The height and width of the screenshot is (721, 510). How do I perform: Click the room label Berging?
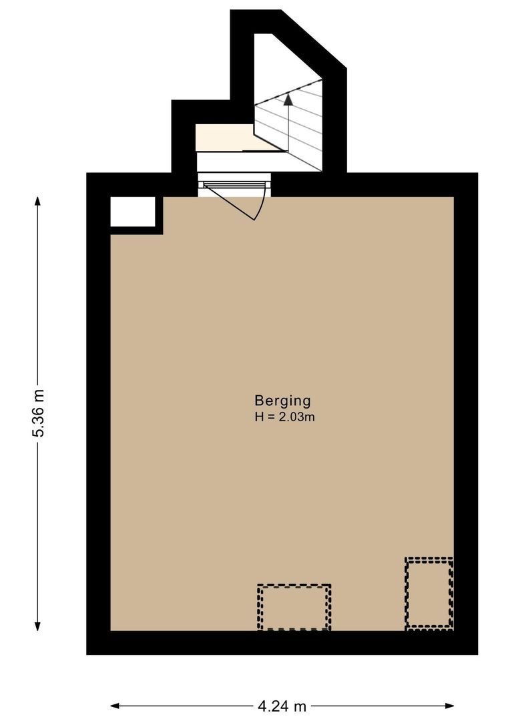[x=282, y=401]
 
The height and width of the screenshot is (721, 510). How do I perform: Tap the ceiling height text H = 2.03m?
[x=284, y=417]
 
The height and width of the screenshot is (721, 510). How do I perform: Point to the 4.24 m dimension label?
[x=282, y=706]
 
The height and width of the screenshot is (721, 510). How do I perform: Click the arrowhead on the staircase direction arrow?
[x=288, y=99]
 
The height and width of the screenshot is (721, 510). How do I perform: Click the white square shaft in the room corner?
[x=132, y=212]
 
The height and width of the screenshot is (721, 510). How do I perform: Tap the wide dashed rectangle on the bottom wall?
[x=294, y=607]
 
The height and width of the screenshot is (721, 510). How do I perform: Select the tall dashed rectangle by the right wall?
[x=429, y=593]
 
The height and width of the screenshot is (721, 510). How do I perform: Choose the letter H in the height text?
[x=258, y=417]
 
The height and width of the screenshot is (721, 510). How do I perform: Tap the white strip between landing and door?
[x=227, y=161]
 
